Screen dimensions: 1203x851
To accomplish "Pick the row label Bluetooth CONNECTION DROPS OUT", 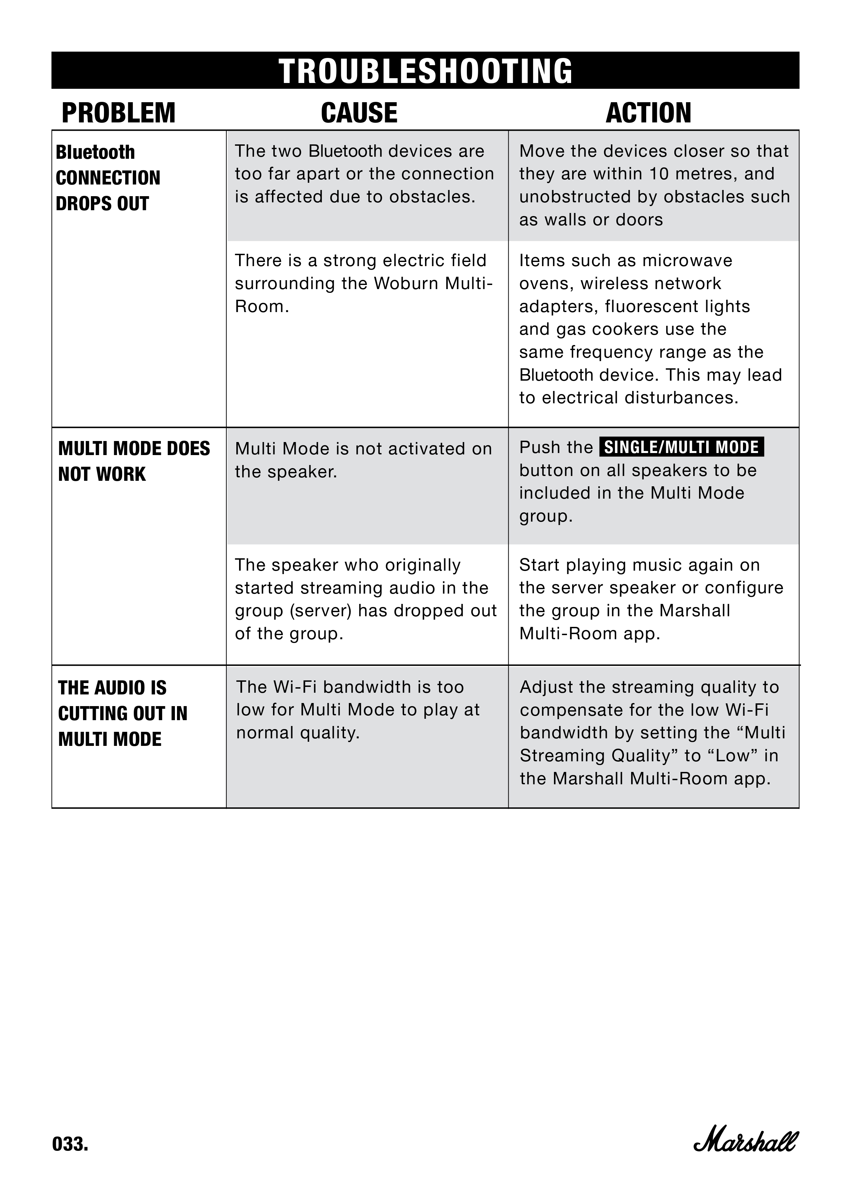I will [x=107, y=178].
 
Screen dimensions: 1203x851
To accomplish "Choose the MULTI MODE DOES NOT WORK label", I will [x=134, y=461].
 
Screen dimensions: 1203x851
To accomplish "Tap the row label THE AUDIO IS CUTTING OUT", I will [x=122, y=713].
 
